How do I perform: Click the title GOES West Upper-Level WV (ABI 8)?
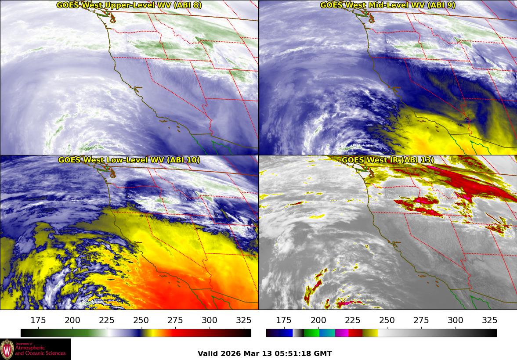coord(129,5)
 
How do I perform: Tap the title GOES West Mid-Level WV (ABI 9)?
coord(387,5)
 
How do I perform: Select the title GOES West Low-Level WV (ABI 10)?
coord(129,160)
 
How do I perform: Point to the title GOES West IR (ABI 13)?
coord(387,160)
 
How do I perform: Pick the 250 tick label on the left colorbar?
coord(141,320)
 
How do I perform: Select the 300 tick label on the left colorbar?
coord(210,320)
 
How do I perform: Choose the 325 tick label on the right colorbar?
coord(490,320)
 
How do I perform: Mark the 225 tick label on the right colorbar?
coord(353,320)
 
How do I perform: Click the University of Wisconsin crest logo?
coord(7,349)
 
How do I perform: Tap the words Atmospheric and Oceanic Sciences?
coord(40,350)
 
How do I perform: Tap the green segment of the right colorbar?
coord(311,333)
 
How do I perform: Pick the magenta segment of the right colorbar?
coord(341,333)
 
